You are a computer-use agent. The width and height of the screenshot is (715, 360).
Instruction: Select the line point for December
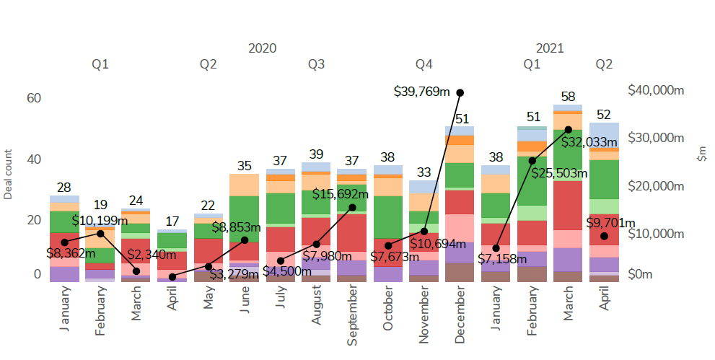click(x=460, y=92)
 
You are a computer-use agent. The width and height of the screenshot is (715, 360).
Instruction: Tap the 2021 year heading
click(x=550, y=48)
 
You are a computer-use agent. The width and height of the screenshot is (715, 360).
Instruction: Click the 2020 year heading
click(x=262, y=48)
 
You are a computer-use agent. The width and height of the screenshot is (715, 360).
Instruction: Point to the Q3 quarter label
click(x=316, y=64)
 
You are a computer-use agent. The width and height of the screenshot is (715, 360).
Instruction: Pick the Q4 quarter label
click(x=424, y=64)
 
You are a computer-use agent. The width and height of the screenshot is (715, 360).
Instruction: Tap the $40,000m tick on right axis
click(x=656, y=90)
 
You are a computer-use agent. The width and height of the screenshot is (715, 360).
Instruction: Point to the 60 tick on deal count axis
click(x=35, y=98)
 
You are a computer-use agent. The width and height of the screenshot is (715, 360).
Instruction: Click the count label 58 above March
click(x=568, y=97)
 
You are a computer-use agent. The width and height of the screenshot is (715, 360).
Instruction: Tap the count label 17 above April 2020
click(x=172, y=221)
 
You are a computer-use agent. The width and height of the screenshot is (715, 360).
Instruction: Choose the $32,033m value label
click(x=590, y=141)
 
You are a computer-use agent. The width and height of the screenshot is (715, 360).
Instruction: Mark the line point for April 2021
click(x=604, y=236)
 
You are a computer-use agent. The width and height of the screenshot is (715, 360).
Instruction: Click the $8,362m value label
click(x=70, y=253)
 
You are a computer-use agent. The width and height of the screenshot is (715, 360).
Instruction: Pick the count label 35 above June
click(x=244, y=165)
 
